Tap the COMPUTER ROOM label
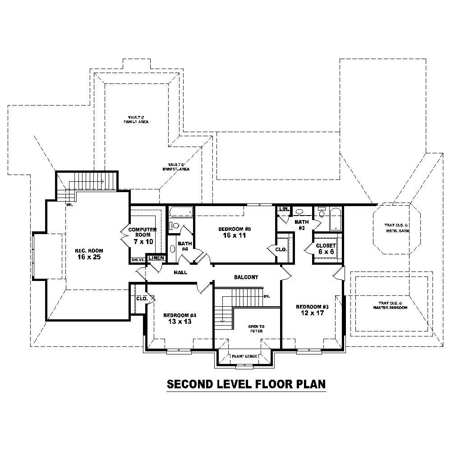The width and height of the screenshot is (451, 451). tap(143, 235)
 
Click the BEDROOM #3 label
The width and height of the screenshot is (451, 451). tap(312, 310)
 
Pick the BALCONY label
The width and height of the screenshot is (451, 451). tap(246, 277)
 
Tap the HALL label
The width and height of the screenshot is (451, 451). tap(180, 272)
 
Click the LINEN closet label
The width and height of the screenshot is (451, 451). tap(156, 258)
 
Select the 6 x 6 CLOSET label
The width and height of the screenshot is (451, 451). tap(326, 249)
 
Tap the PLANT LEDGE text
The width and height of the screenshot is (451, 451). tap(245, 356)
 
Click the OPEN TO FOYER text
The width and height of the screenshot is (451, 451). tap(256, 328)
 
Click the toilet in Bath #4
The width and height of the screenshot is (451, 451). tap(174, 225)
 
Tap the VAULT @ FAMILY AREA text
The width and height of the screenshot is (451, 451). tap(136, 119)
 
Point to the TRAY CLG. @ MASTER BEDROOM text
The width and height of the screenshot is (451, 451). tap(390, 305)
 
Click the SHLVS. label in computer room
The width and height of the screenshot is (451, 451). tap(137, 260)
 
